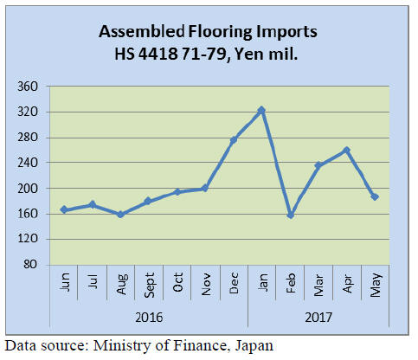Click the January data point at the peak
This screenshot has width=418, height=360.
[x=261, y=110]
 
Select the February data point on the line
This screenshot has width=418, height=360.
[x=291, y=215]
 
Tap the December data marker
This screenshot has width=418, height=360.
[x=234, y=140]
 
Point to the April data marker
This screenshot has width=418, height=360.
[x=347, y=150]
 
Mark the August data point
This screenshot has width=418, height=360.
[x=121, y=215]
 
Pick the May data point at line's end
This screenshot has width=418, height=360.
[x=375, y=197]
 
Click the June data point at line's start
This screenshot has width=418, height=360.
[x=64, y=209]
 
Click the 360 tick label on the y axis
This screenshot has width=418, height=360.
[x=28, y=87]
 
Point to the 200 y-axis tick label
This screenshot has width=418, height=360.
[x=28, y=189]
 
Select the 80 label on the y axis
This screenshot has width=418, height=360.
[x=31, y=264]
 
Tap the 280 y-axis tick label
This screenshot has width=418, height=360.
[x=28, y=138]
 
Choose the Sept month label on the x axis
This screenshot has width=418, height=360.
[x=150, y=285]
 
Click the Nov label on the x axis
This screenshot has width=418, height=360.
[x=206, y=285]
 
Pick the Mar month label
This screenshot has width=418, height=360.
[x=318, y=285]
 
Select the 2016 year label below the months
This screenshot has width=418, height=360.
[x=149, y=318]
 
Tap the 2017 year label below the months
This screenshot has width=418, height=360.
[x=318, y=318]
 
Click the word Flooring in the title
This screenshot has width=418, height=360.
[x=220, y=32]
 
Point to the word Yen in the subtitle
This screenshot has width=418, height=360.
[x=248, y=54]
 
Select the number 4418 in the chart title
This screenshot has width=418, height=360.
[x=158, y=54]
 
